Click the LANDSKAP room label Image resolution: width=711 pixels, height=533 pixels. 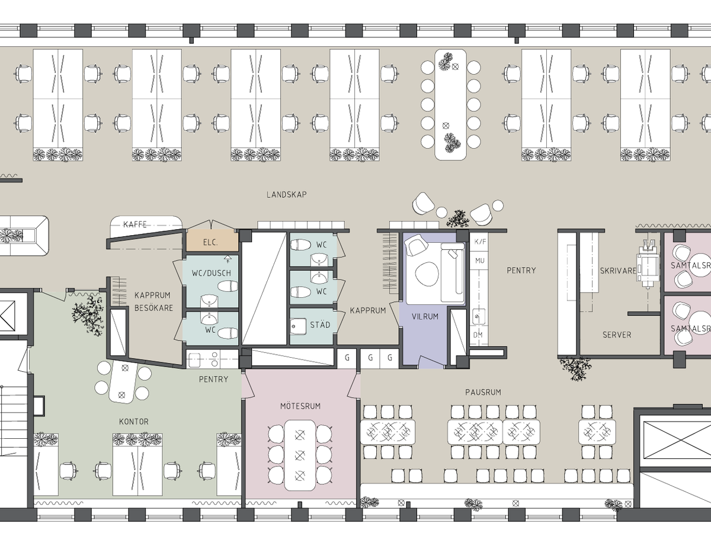pos(286,194)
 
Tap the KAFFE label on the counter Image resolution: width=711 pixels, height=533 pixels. pos(134,224)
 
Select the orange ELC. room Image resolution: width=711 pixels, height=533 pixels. pos(212,240)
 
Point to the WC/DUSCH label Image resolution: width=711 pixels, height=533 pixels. pos(211,273)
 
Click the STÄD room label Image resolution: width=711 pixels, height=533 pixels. pos(320,325)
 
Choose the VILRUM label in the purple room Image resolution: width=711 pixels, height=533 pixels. pos(425,316)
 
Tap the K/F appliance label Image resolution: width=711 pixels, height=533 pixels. pos(480,242)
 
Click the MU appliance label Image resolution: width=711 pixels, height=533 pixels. pos(480,261)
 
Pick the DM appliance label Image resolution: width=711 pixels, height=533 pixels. pos(478,335)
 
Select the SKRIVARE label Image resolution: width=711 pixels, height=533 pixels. pos(618,271)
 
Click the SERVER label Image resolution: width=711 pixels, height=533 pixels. pos(617,335)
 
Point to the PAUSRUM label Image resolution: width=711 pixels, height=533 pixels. pos(483,392)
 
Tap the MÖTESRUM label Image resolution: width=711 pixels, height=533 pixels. pos(300,406)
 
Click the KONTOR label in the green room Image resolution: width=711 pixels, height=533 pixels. pos(134,421)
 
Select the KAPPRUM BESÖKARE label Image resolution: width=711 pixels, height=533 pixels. pos(153,301)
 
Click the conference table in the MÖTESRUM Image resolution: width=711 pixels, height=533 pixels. pos(300,455)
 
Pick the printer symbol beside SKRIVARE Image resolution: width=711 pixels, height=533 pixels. pos(647,265)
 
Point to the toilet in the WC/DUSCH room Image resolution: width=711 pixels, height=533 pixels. pos(228,286)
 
